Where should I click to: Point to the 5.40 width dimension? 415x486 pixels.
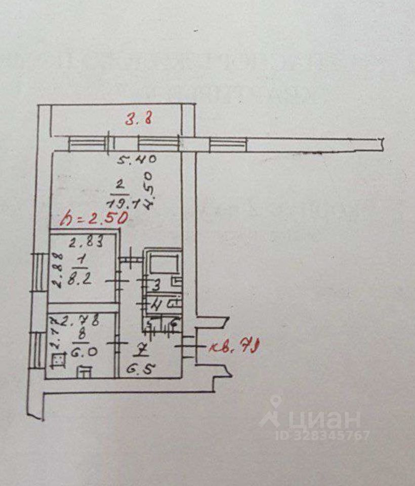tap(136, 160)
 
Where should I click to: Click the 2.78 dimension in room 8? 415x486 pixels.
tap(85, 320)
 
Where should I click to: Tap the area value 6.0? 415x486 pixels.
tap(81, 351)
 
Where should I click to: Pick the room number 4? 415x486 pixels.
tap(156, 305)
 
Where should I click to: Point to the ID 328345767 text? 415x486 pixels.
tap(323, 435)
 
